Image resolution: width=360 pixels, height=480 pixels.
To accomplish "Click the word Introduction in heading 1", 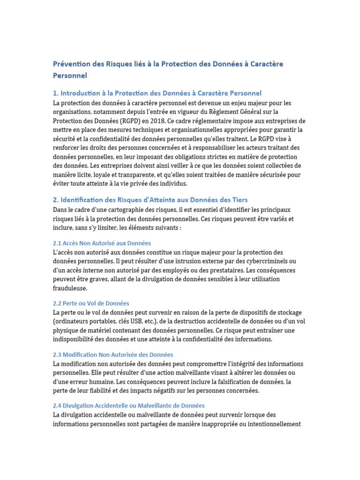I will (83, 93).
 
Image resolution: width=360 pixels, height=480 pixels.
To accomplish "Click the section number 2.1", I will (57, 243).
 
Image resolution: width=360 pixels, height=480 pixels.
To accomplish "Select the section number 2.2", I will (57, 303).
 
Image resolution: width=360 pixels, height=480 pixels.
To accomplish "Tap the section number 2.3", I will (57, 355).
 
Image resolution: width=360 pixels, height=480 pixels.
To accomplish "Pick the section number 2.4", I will (57, 405).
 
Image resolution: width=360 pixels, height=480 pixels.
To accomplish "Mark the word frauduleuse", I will (70, 288).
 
